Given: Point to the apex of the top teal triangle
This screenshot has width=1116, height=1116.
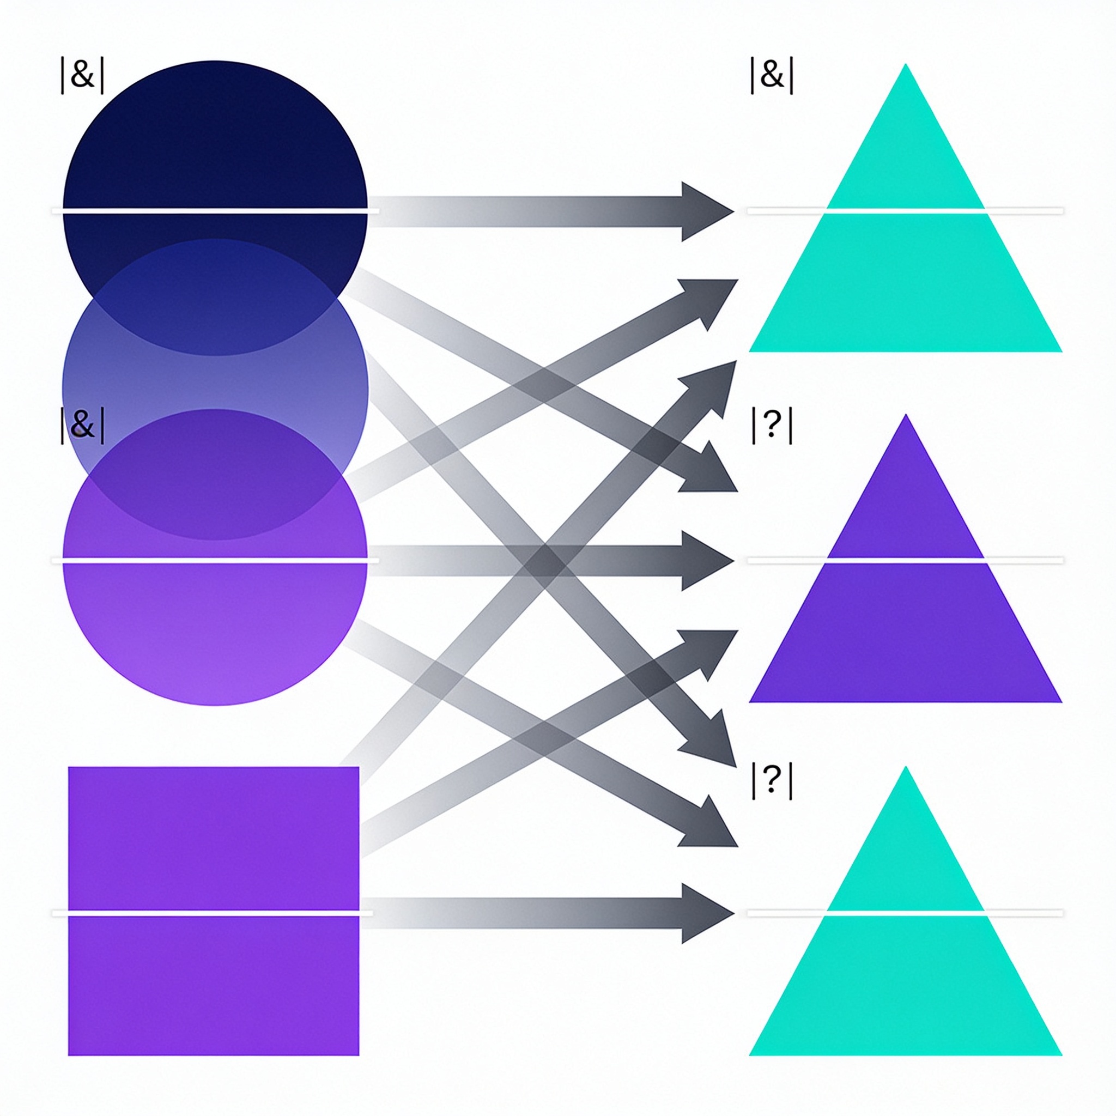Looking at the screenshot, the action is (x=906, y=64).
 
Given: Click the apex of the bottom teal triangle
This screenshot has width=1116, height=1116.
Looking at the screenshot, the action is (x=906, y=767).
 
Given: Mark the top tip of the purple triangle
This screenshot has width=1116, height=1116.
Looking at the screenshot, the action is (x=906, y=414).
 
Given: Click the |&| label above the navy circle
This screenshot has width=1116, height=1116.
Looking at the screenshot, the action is (x=83, y=76).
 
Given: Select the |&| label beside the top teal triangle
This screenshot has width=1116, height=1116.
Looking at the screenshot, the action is (x=772, y=76).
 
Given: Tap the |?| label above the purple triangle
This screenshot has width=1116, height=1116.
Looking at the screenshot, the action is (x=772, y=426).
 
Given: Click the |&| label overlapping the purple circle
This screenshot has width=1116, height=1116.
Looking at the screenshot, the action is (x=83, y=425).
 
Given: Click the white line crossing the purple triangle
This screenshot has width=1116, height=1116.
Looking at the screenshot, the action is (x=905, y=561).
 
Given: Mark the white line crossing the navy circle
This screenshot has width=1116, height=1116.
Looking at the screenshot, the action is (x=215, y=211).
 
